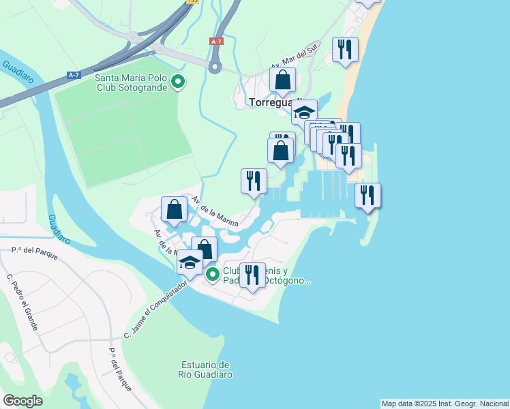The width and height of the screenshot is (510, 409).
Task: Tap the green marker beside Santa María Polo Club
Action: pos(178,82)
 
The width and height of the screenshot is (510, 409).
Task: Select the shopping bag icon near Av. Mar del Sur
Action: pos(282,80)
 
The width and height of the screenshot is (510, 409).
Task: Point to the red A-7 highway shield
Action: pos(216,42)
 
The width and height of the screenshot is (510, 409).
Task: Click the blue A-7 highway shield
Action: pos(73,75)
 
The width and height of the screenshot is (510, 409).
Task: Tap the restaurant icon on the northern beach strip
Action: pos(345,49)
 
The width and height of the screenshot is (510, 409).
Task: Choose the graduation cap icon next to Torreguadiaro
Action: pos(304,112)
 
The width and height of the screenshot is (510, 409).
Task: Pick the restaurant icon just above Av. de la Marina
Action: pos(254,181)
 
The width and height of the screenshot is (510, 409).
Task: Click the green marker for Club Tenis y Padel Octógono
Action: pos(213,275)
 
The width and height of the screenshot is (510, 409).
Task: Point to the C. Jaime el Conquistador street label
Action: pos(155,311)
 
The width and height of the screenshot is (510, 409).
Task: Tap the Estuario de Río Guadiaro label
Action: pos(205,369)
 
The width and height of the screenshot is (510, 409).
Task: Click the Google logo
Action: pos(22,401)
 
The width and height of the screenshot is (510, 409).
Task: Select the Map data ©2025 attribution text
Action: pos(445,404)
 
